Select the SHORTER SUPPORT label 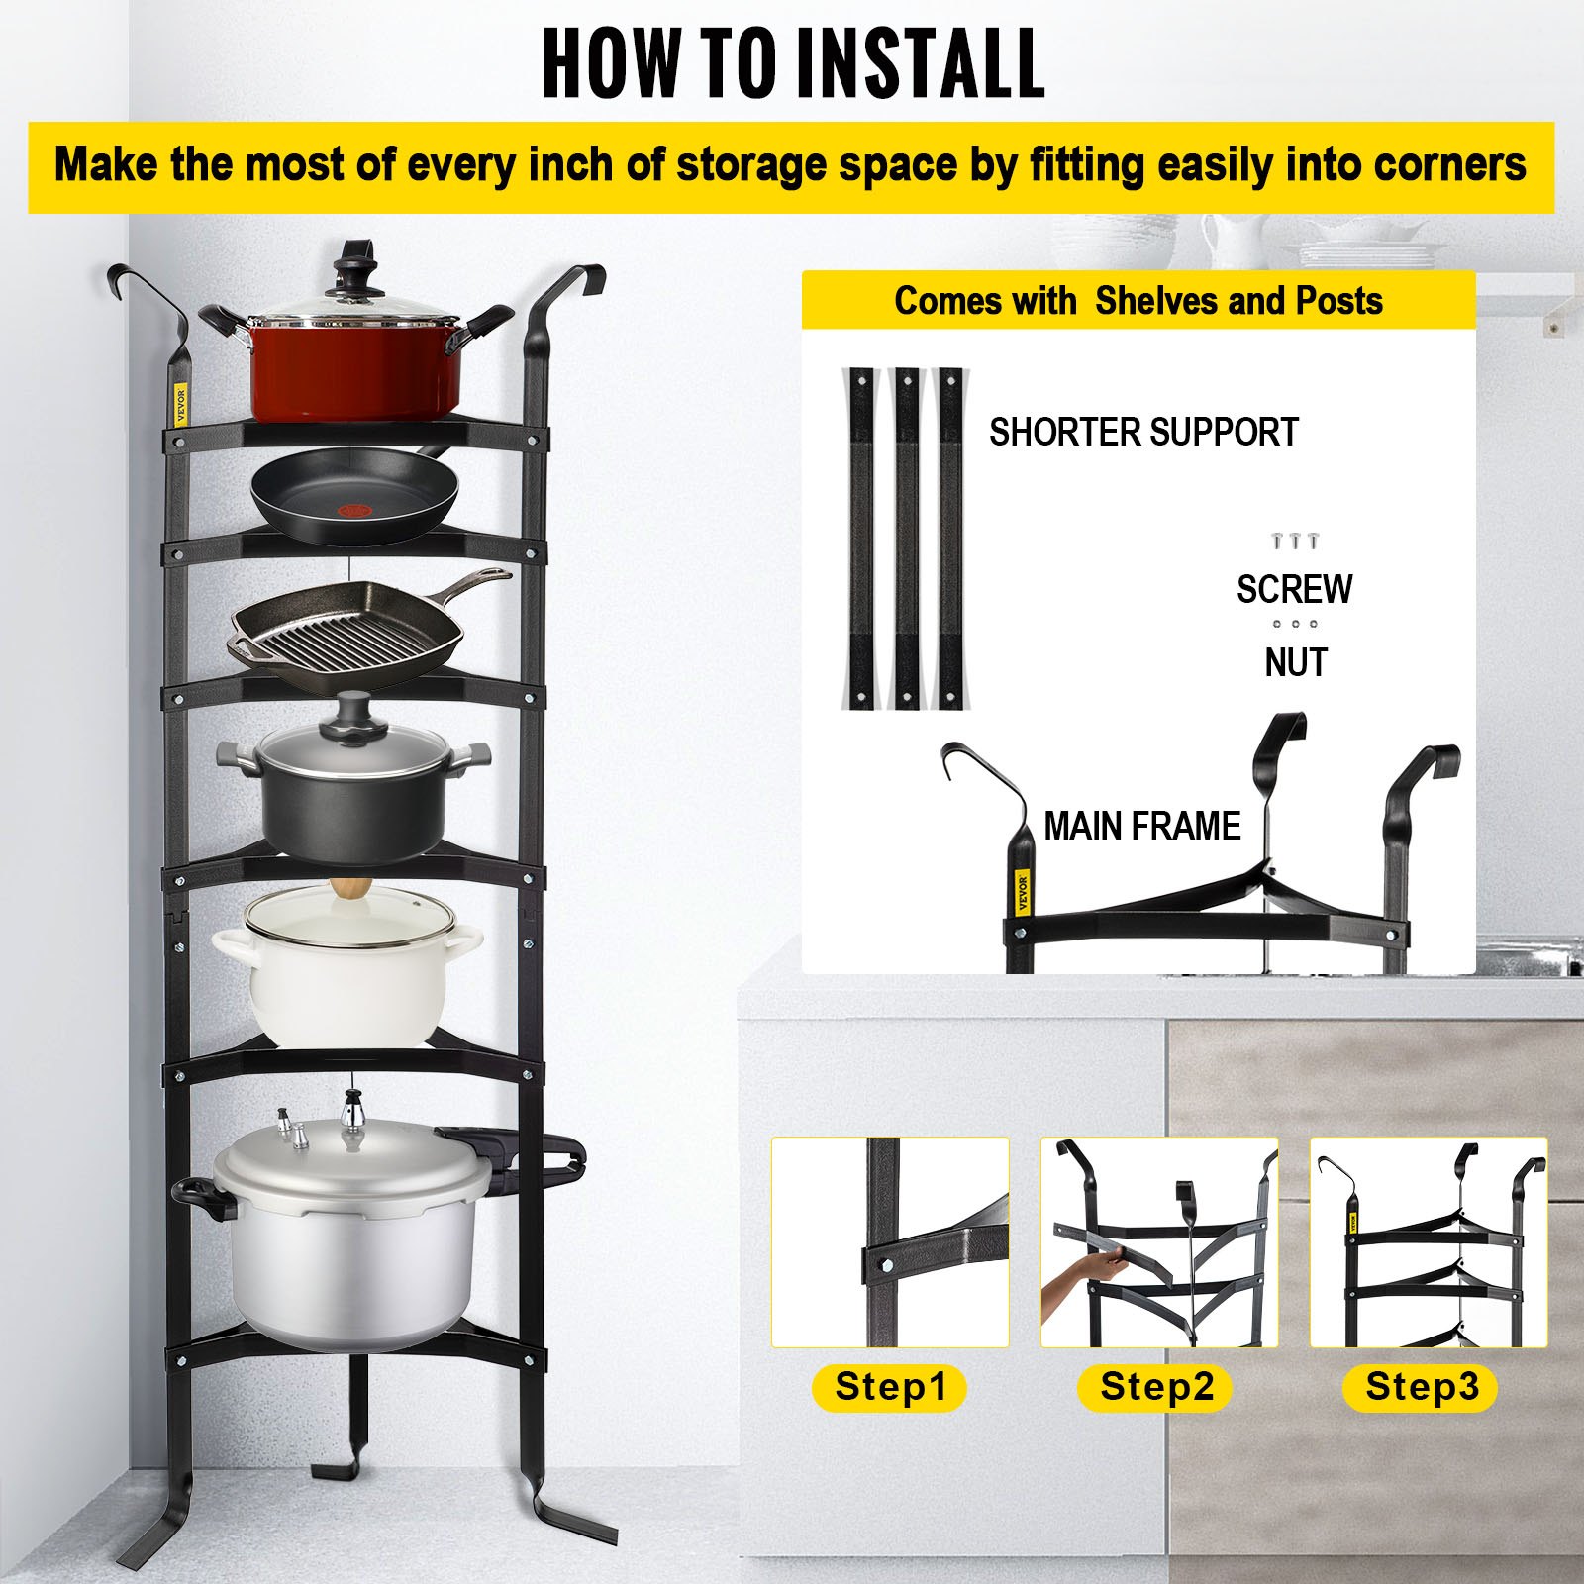1143,433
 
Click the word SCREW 1294,590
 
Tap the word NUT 1295,662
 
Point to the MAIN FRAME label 1141,826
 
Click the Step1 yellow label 890,1387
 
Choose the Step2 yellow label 1156,1387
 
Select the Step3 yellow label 1422,1387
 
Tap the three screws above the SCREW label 1294,541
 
